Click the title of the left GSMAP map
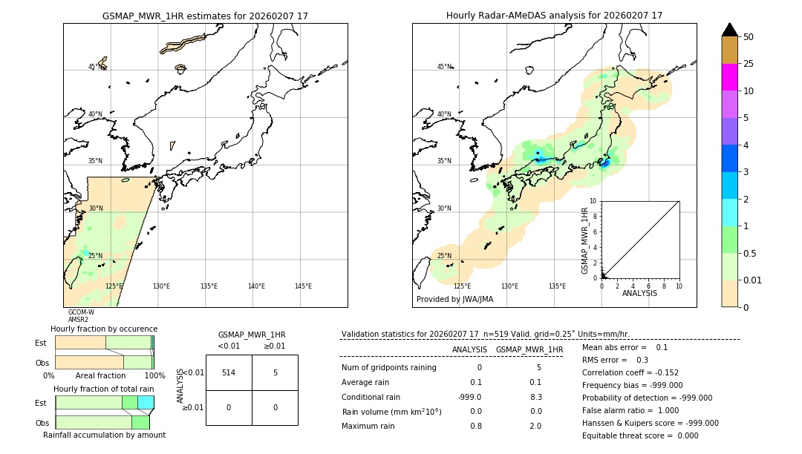[x=205, y=16]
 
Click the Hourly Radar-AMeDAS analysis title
[x=554, y=16]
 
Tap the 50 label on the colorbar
[x=749, y=37]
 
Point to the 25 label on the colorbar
[x=749, y=64]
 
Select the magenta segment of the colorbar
[x=729, y=77]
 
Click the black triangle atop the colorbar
[x=729, y=30]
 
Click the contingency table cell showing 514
[x=229, y=372]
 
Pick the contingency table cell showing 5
[x=275, y=372]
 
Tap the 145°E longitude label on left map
[x=303, y=286]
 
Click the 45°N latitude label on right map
[x=444, y=67]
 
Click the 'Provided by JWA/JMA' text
[x=454, y=300]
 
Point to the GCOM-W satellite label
[x=81, y=312]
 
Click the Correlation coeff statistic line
[x=630, y=372]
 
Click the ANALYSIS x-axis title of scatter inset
[x=639, y=293]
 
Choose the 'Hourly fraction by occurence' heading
[x=104, y=329]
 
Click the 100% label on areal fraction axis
[x=154, y=375]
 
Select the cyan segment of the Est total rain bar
[x=146, y=403]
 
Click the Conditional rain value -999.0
[x=470, y=397]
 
